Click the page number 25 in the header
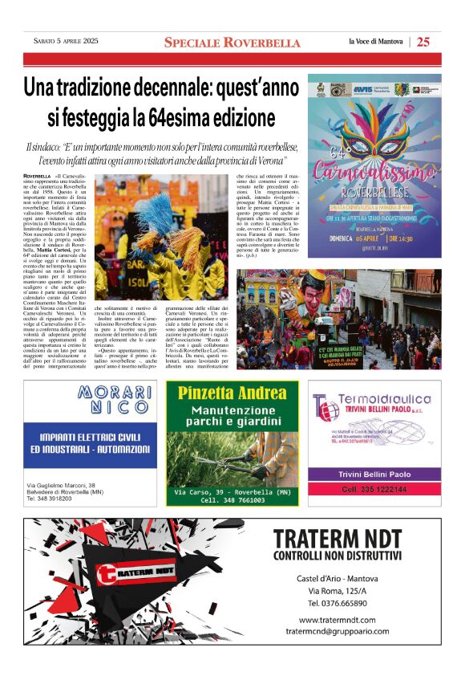tap(423, 42)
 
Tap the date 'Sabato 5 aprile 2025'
tap(66, 41)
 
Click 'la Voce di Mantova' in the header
tap(375, 42)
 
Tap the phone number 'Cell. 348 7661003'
tap(232, 499)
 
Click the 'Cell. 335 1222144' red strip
tap(374, 489)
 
